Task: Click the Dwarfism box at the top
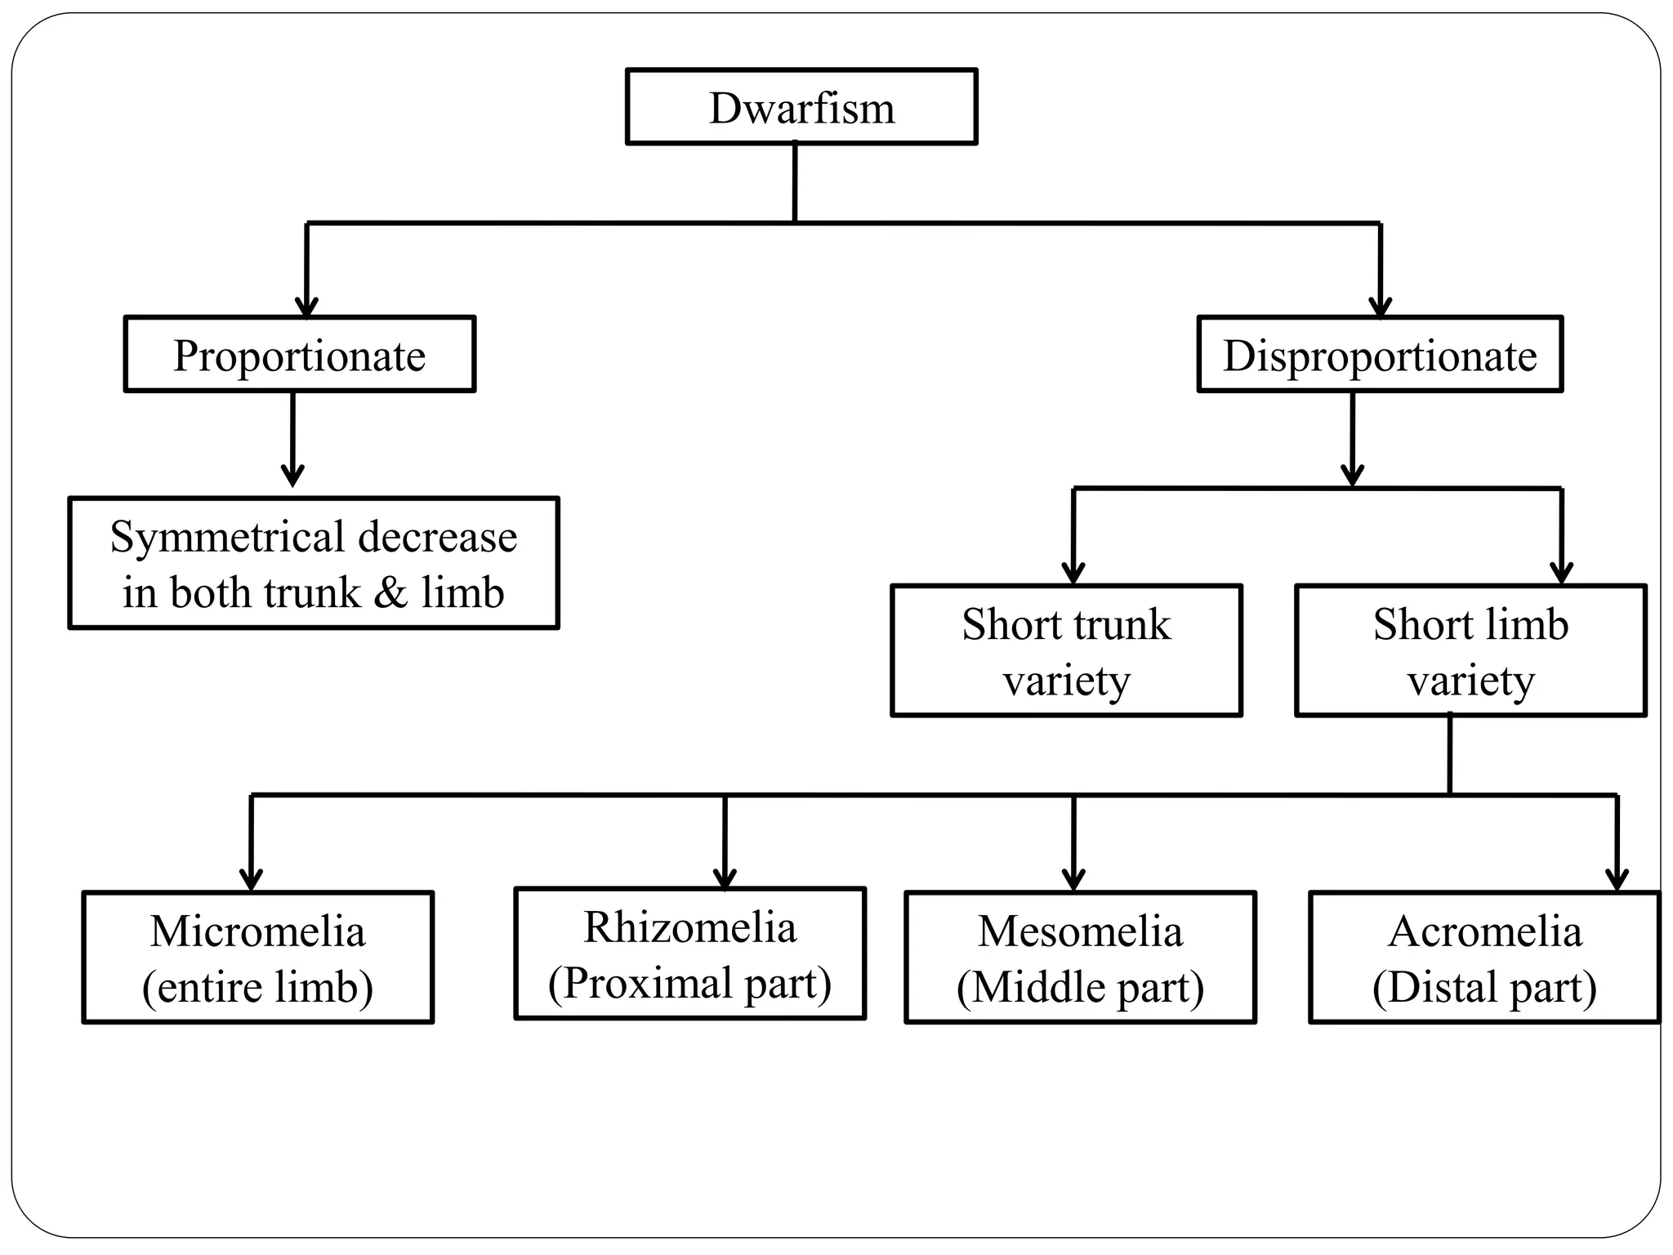tap(801, 107)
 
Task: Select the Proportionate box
tap(299, 355)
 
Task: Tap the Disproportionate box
tap(1380, 355)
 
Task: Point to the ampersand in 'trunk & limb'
tap(390, 592)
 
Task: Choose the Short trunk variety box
tap(1066, 650)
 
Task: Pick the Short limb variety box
tap(1470, 650)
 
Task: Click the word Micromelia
tap(257, 931)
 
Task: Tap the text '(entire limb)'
tap(257, 987)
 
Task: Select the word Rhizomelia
tap(689, 927)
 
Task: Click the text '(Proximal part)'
tap(689, 983)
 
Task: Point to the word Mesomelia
tap(1080, 931)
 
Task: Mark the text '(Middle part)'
tap(1080, 987)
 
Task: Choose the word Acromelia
tap(1484, 931)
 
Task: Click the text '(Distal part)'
tap(1484, 987)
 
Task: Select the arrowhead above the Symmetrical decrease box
tap(292, 476)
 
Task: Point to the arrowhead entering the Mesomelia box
tap(1073, 880)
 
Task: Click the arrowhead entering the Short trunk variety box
tap(1073, 574)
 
